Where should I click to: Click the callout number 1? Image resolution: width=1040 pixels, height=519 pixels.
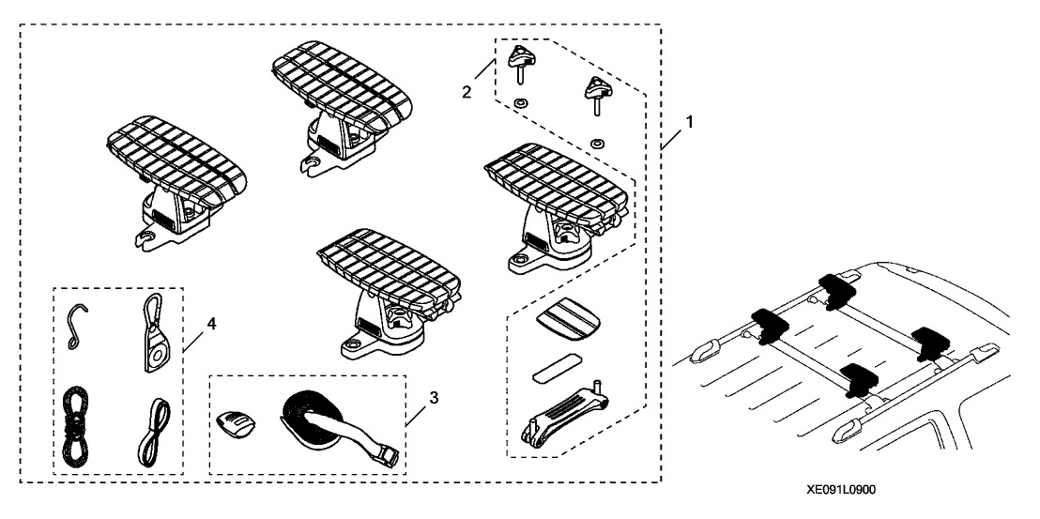click(x=691, y=122)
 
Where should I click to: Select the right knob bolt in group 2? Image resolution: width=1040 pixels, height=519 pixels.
click(x=593, y=92)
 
